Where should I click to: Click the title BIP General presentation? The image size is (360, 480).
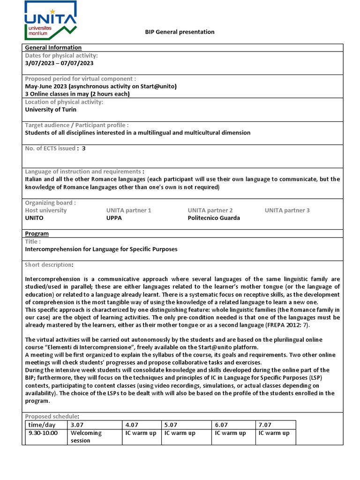[x=179, y=32]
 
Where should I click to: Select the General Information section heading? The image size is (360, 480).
[x=53, y=47]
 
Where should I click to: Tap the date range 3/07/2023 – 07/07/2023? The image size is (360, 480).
[x=59, y=63]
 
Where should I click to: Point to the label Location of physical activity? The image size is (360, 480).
[x=64, y=102]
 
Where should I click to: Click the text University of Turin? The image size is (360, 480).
[x=50, y=110]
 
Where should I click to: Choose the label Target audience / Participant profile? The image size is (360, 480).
[x=76, y=125]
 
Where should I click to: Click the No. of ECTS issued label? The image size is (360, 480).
[x=52, y=148]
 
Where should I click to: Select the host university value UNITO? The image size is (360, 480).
[x=34, y=218]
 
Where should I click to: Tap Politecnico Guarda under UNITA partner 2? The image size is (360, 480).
[x=214, y=218]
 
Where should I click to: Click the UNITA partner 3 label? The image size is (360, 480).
[x=287, y=210]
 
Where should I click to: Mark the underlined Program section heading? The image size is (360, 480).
[x=37, y=233]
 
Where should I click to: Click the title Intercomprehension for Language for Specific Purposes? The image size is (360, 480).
[x=101, y=249]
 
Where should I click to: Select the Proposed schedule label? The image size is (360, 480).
[x=52, y=416]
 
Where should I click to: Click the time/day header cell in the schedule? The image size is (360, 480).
[x=42, y=424]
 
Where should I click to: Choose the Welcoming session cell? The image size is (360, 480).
[x=86, y=436]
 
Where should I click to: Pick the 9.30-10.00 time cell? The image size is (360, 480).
[x=43, y=433]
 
